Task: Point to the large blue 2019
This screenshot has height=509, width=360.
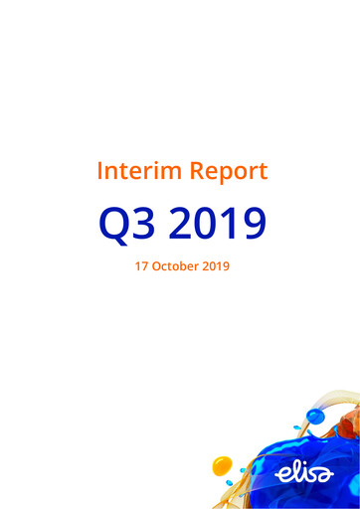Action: [x=218, y=224]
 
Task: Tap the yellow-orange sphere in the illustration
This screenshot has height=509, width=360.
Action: [x=223, y=464]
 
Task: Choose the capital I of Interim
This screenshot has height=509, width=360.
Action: [x=100, y=171]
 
